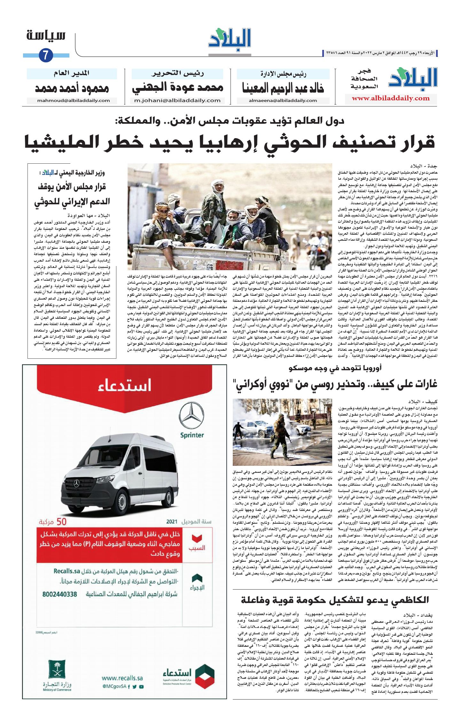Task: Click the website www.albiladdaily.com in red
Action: pos(390,98)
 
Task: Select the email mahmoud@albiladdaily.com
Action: pos(73,100)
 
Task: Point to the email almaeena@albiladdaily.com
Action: pos(283,100)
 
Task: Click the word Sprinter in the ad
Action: pos(192,435)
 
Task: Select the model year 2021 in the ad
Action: pos(172,521)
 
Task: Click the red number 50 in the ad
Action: pos(61,522)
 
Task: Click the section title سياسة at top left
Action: pos(46,35)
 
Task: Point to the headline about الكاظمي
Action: pos(335,600)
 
